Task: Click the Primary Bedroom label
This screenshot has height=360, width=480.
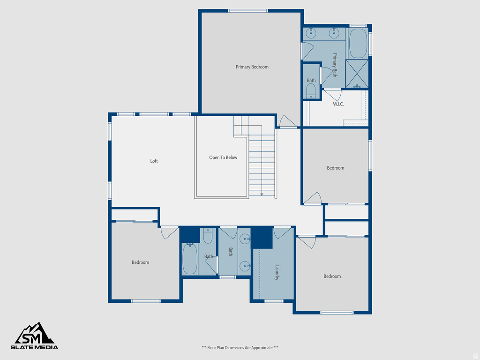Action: point(252,67)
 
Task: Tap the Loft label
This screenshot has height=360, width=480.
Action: point(154,161)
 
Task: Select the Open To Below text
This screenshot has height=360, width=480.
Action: point(223,157)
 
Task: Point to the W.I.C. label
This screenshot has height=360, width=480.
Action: point(338,104)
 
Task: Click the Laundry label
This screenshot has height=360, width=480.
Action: point(277,273)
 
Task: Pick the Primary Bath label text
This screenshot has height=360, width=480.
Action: point(335,65)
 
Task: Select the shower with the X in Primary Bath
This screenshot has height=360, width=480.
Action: point(357,74)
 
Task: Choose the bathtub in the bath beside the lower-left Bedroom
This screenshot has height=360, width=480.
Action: point(190,259)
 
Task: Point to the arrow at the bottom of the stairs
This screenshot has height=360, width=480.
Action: point(262,194)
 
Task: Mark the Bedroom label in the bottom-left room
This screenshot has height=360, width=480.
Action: point(140,262)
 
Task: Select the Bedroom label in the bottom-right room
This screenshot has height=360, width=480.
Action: point(332,277)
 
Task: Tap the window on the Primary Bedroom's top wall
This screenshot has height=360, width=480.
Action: point(248,11)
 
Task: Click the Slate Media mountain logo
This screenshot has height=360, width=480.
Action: point(35,333)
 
